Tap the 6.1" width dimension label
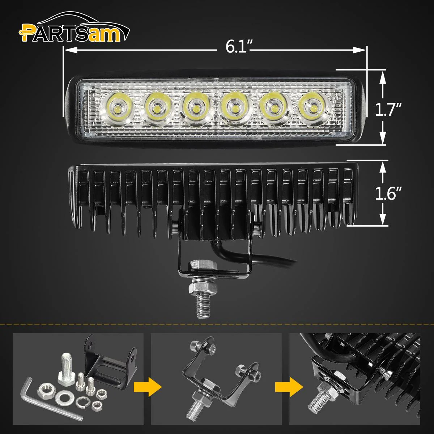236,47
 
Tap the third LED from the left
195,108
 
